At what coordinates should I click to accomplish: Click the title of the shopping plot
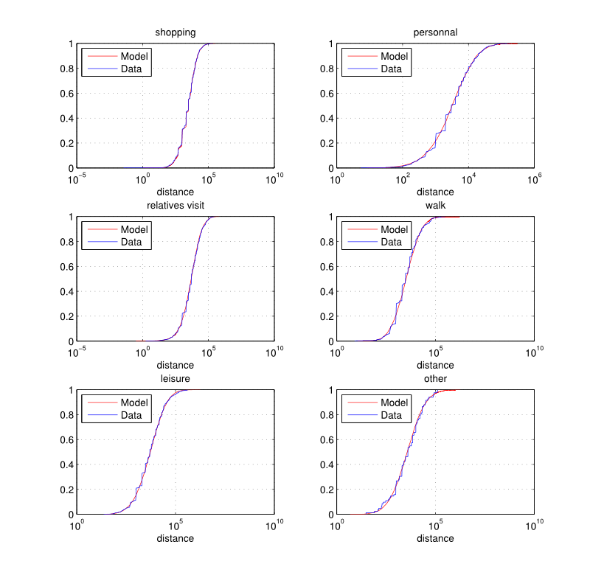tap(175, 32)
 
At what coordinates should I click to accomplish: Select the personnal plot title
tap(435, 32)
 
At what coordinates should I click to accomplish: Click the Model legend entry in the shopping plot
tap(134, 56)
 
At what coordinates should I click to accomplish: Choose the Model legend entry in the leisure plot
tap(134, 403)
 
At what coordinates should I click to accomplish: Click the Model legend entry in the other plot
tap(395, 403)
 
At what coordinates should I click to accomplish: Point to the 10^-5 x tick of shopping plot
tap(77, 178)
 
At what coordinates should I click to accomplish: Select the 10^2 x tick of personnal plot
tap(403, 178)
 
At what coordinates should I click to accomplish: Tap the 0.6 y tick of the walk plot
tap(324, 267)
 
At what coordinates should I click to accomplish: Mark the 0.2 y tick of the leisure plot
tap(64, 490)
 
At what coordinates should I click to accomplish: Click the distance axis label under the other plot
tap(435, 538)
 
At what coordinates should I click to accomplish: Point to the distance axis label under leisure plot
tap(176, 538)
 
